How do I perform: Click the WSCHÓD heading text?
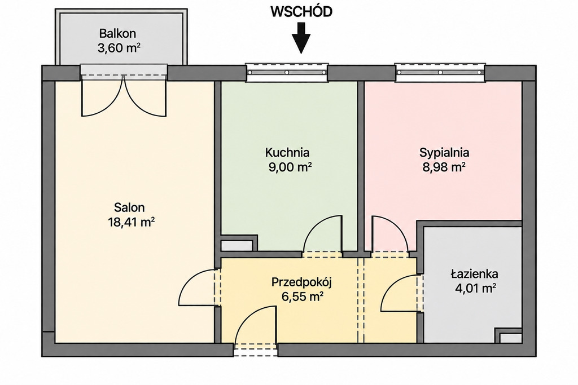[301, 12]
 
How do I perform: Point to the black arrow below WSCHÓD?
[301, 38]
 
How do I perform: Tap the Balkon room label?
[117, 33]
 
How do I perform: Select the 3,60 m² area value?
[119, 48]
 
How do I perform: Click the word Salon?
[129, 207]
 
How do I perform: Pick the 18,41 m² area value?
[131, 222]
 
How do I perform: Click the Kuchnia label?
[287, 152]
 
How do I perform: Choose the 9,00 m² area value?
[291, 167]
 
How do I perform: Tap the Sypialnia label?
[444, 152]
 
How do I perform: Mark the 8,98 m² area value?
[444, 167]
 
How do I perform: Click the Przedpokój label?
[302, 282]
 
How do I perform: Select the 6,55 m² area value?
[303, 297]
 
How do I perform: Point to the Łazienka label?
[474, 274]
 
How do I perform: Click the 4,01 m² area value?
[475, 288]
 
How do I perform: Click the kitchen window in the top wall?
[287, 72]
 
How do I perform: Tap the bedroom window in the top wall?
[440, 72]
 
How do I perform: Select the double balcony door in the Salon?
[124, 96]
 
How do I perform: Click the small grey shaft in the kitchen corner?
[237, 246]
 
